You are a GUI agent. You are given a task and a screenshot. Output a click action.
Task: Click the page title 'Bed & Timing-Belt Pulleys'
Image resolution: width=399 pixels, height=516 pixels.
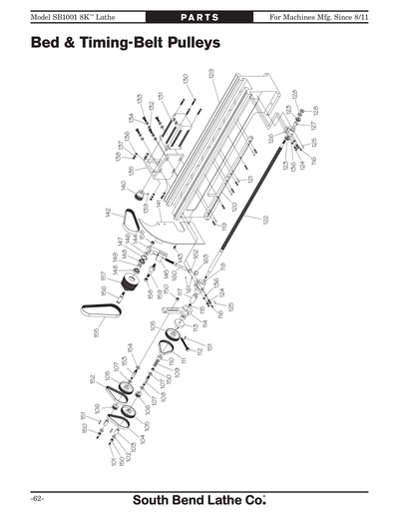pos(126,45)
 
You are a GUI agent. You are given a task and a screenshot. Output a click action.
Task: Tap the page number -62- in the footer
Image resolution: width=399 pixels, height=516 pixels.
pos(37,497)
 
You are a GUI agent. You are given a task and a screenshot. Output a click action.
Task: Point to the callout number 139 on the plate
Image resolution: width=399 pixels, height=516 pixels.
pos(146,209)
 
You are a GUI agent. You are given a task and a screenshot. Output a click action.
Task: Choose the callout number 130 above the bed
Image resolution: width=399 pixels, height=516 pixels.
pos(186,78)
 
